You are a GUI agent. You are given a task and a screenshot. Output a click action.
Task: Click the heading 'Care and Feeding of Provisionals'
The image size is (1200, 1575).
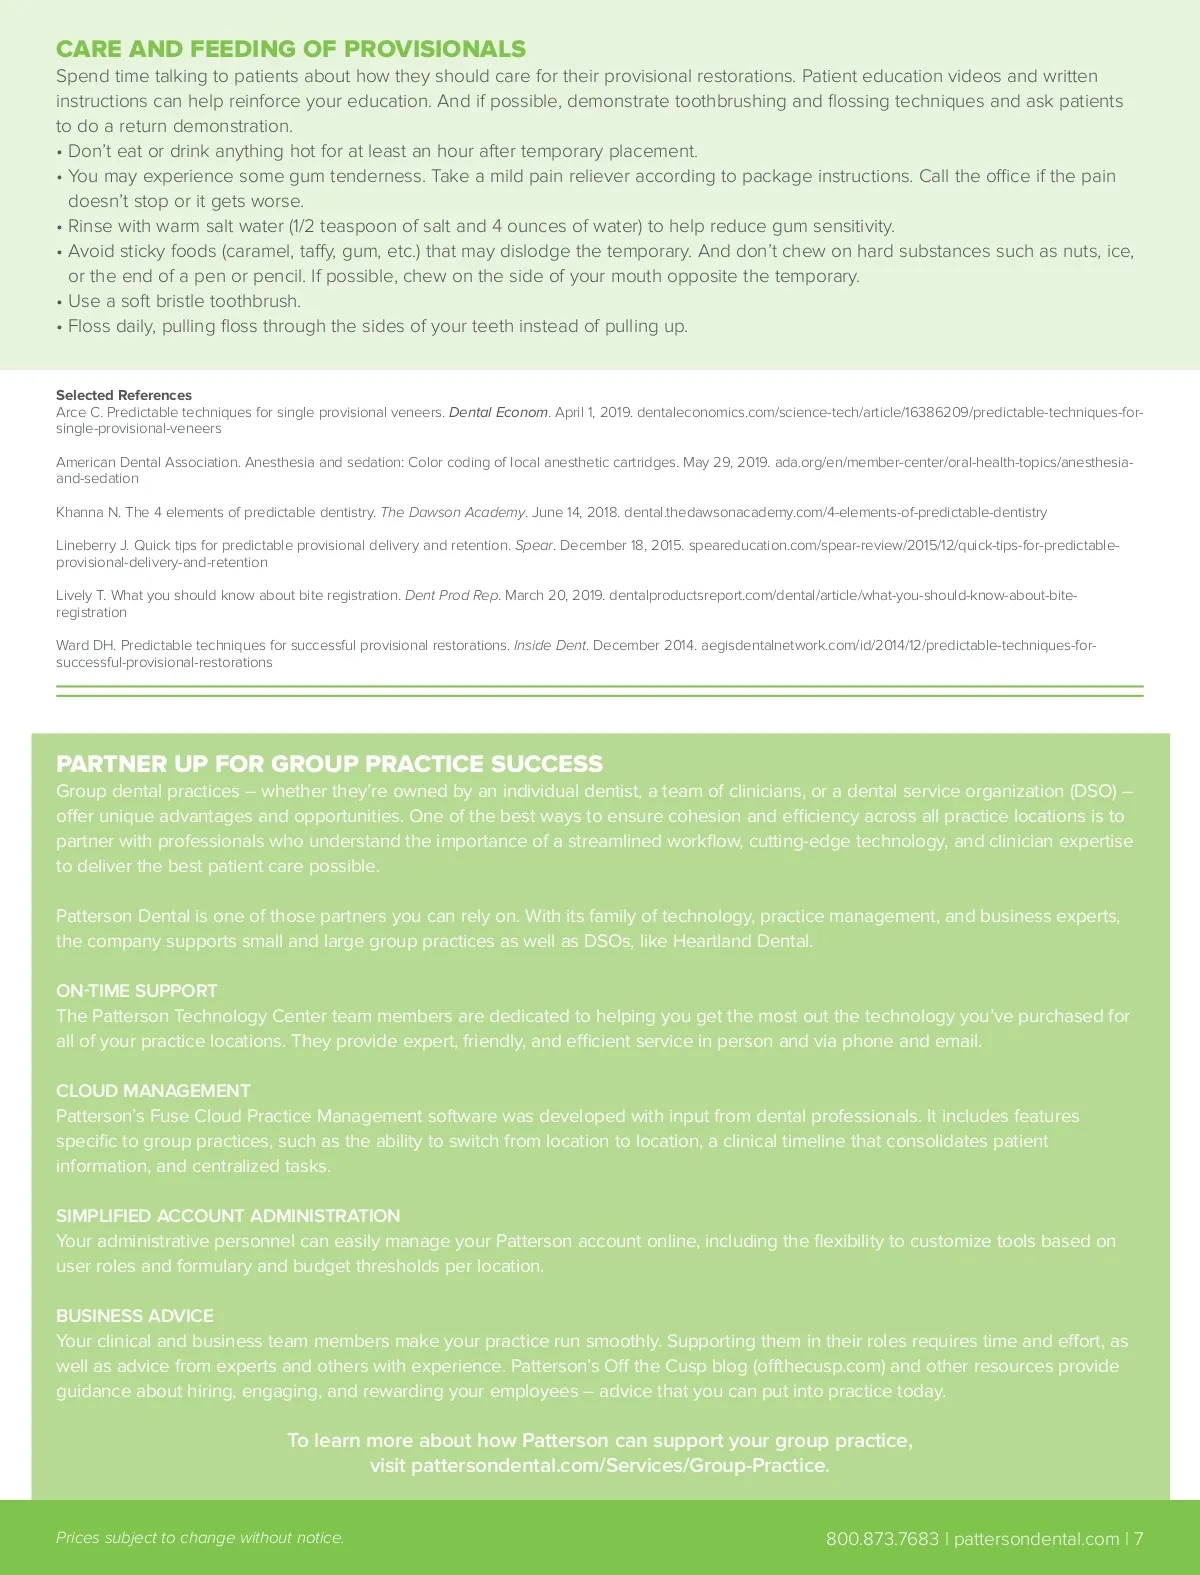tap(290, 49)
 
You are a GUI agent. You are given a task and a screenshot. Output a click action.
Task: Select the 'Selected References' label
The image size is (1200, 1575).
tap(124, 395)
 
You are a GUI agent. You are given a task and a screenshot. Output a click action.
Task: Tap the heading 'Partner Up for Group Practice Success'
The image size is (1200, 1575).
tap(329, 764)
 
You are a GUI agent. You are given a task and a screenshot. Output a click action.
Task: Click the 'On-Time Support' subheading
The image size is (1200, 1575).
tap(136, 991)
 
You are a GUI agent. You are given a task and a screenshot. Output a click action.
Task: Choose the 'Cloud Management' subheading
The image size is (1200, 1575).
tap(153, 1091)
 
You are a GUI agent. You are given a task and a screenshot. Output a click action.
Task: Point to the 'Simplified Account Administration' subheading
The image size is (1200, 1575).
tap(228, 1216)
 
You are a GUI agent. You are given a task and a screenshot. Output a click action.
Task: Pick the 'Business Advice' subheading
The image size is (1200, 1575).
tap(135, 1316)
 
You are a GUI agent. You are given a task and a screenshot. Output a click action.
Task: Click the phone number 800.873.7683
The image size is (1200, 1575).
tap(882, 1539)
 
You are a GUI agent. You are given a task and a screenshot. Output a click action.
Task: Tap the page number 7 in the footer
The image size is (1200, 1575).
tap(1138, 1539)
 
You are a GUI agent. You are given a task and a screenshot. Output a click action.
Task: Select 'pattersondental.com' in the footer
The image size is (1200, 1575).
tap(1036, 1539)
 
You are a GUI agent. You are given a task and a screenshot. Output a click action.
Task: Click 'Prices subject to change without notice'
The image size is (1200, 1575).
tap(200, 1538)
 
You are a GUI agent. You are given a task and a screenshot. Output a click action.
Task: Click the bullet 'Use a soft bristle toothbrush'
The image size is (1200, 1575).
tap(184, 301)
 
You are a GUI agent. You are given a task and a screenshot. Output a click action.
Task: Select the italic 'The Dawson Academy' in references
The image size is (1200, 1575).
tap(452, 512)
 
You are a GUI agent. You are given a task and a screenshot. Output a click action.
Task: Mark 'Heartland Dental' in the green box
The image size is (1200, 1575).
tap(742, 941)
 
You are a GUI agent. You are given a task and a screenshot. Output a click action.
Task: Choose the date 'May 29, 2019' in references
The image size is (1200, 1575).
tap(726, 462)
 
